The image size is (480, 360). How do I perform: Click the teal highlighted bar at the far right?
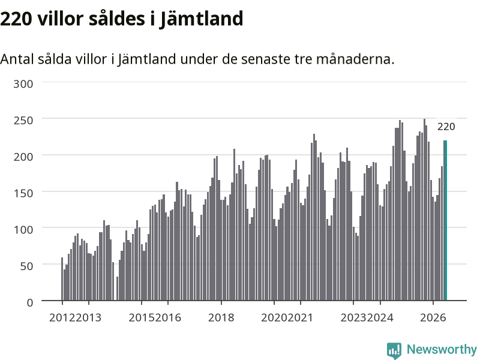tap(446, 220)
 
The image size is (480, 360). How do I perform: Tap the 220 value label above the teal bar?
tap(446, 127)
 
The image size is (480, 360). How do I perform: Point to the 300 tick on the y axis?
tap(23, 84)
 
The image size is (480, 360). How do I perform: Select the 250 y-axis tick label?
tap(23, 121)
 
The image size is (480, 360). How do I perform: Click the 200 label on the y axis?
tap(23, 157)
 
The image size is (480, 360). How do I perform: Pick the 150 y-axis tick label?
tap(23, 193)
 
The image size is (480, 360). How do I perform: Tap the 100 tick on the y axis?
tap(23, 230)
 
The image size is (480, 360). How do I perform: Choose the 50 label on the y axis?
tap(26, 266)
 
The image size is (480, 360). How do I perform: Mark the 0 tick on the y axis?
tap(29, 302)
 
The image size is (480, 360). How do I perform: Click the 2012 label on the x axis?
tap(62, 317)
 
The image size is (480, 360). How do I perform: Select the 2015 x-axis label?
tap(142, 317)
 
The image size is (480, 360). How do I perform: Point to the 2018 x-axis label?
tap(221, 317)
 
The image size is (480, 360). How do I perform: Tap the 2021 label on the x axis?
tap(301, 317)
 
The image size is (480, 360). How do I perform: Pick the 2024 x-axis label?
tap(380, 317)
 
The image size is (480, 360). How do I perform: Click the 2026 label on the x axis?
tap(433, 317)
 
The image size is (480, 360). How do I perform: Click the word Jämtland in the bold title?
tap(201, 19)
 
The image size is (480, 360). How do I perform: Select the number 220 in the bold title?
tap(16, 19)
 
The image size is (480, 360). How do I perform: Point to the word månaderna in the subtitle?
tap(355, 59)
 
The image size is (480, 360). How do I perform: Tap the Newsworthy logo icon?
tap(394, 350)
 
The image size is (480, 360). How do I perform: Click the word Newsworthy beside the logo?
tap(442, 349)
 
